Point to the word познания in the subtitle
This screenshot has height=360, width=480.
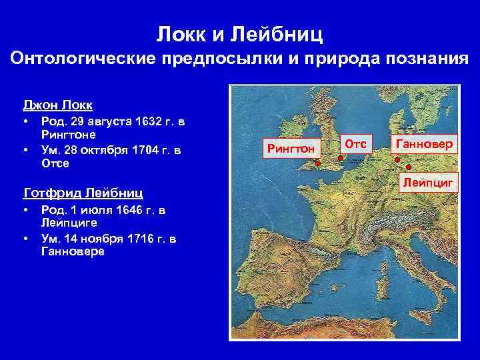point(424,59)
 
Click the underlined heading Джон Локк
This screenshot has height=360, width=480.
point(57,105)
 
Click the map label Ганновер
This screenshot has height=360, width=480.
point(424,144)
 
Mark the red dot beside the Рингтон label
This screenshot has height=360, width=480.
point(318,163)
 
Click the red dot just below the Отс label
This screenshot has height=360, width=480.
point(340,158)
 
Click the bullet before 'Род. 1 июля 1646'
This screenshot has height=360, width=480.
point(25,211)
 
